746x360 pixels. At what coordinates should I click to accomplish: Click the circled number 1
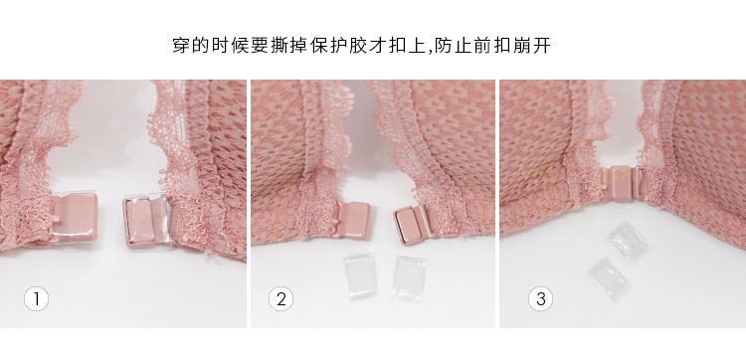[x=36, y=299]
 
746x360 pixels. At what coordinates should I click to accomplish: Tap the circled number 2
[x=280, y=299]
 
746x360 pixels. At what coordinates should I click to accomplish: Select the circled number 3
[x=540, y=299]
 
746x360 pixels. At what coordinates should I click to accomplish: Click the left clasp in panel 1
[x=75, y=217]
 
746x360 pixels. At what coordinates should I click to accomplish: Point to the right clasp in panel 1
[x=146, y=221]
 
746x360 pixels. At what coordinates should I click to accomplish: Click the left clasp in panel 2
[x=351, y=220]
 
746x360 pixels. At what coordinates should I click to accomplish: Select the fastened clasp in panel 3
[x=621, y=183]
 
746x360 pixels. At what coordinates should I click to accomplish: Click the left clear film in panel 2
[x=360, y=275]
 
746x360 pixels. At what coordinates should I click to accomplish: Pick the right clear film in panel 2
[x=409, y=278]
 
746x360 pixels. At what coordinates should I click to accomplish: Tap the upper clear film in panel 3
[x=629, y=241]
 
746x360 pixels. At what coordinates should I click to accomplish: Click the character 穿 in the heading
[x=181, y=46]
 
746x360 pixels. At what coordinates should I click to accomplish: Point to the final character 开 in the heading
[x=542, y=46]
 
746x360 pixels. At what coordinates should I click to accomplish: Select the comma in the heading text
[x=428, y=52]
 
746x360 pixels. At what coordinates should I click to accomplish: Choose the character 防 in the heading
[x=443, y=46]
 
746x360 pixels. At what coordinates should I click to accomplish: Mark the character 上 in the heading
[x=416, y=46]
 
